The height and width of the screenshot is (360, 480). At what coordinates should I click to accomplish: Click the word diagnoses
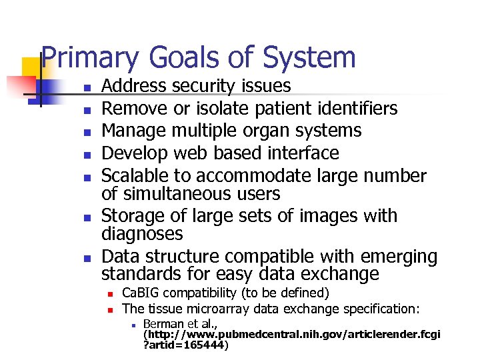(141, 234)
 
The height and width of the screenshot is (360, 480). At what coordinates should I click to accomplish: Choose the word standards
(140, 274)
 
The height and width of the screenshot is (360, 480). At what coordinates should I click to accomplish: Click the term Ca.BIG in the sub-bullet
(141, 293)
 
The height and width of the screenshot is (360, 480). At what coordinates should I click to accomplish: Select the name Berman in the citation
(161, 323)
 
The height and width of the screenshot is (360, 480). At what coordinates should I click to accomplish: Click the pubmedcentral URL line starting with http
(292, 334)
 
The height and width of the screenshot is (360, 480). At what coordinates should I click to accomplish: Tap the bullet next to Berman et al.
(133, 325)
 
